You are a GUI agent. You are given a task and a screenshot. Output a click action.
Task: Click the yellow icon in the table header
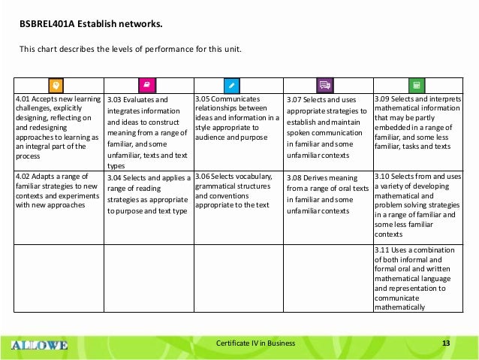(x=56, y=85)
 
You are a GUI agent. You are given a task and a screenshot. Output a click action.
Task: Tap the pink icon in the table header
(x=148, y=85)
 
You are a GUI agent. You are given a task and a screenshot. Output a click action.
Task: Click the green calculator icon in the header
(x=417, y=85)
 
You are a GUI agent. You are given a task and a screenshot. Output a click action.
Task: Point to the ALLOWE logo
(x=40, y=345)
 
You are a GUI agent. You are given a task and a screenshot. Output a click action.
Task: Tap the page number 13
(x=446, y=344)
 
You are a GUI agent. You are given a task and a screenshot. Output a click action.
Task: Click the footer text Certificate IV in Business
(x=256, y=344)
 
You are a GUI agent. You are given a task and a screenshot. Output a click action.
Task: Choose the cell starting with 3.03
(x=148, y=132)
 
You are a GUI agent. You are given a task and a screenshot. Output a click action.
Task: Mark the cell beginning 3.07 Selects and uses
(x=328, y=123)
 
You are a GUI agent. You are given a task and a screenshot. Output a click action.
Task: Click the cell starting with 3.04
(x=148, y=195)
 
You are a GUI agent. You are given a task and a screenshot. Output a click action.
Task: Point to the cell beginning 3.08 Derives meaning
(x=328, y=195)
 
